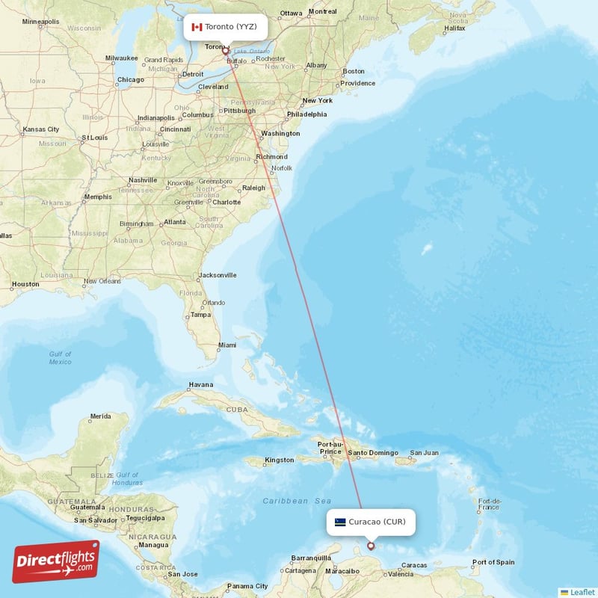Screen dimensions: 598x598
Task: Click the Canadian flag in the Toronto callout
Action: pos(197,27)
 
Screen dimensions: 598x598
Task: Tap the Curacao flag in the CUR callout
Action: pos(340,522)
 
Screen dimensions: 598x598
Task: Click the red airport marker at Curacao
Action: pos(371,546)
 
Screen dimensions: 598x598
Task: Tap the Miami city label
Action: pos(227,345)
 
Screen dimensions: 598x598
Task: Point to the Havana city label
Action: pos(200,385)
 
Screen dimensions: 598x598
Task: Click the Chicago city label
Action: pos(130,80)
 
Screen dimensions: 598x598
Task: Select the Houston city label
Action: pos(25,284)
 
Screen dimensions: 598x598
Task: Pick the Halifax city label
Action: pos(454,28)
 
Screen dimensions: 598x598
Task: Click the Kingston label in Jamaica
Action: pos(280,460)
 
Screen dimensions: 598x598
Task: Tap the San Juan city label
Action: pos(424,453)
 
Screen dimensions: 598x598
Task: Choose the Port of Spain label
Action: pos(493,562)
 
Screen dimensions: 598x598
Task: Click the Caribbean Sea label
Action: pos(296,501)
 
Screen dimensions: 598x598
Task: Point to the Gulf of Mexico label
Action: pos(60,358)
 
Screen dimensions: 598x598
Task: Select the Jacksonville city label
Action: pos(218,275)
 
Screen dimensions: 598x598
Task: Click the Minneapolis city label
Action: pos(40,22)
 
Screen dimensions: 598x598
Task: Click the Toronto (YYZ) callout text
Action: pos(231,27)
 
